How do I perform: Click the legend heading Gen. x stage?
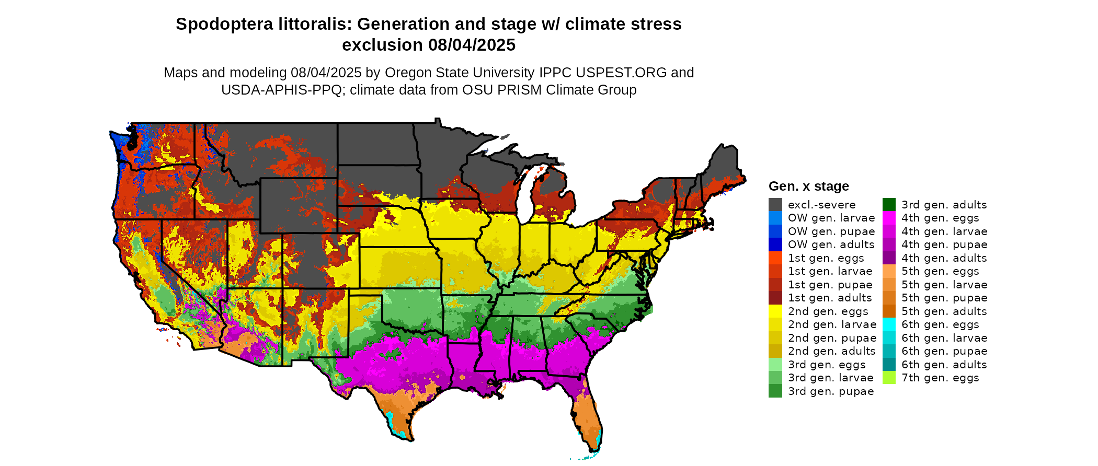808,187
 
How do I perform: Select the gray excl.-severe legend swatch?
775,205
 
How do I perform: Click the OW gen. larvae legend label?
831,218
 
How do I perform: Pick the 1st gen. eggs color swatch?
775,258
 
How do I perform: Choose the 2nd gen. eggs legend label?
828,311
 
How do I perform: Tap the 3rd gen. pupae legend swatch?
775,391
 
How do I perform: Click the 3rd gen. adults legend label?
944,205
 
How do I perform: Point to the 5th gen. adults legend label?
944,311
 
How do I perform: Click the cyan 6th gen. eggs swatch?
889,324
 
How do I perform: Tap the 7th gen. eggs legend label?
940,378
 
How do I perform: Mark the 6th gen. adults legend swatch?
889,365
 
